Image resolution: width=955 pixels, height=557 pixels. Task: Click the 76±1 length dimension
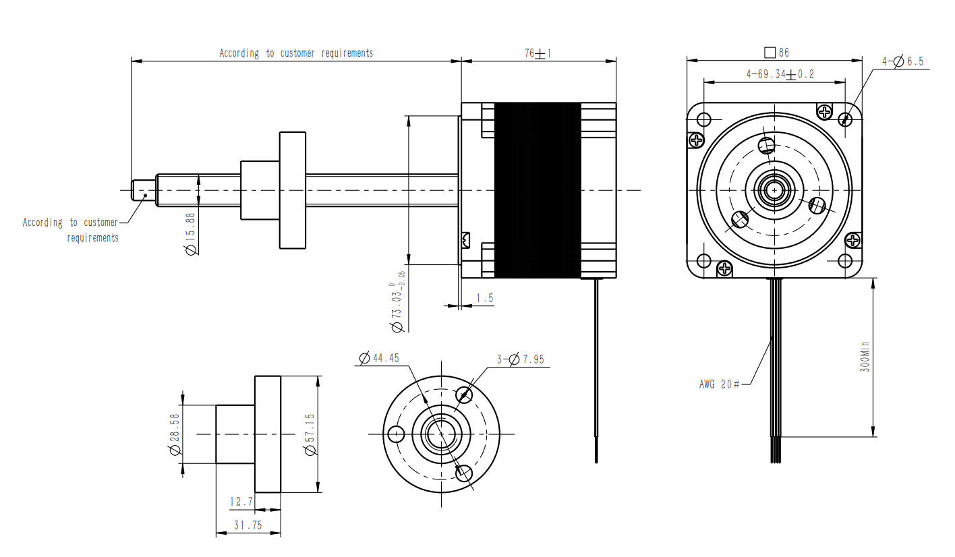[538, 53]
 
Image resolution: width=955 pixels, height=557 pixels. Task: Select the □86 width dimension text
[776, 52]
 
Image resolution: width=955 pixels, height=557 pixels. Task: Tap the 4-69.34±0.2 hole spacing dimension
[780, 74]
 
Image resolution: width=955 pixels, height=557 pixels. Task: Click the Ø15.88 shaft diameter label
[190, 233]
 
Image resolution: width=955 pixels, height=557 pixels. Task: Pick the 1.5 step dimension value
[484, 297]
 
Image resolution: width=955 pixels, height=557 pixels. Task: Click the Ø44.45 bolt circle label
[379, 358]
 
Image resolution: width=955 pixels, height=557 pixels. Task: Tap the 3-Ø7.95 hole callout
[520, 359]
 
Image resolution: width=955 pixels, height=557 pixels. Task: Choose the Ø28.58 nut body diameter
[175, 434]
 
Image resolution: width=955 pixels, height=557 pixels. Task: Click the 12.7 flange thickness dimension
[241, 501]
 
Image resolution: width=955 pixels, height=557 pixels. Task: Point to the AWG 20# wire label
[720, 384]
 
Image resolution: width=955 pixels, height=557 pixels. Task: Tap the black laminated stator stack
[538, 190]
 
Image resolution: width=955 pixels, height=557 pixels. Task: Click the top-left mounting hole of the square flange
[703, 120]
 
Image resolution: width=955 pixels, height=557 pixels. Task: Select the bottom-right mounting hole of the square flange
[844, 261]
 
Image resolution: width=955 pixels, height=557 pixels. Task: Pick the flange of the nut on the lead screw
[293, 190]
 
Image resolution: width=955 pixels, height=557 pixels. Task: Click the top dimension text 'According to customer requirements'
[295, 53]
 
